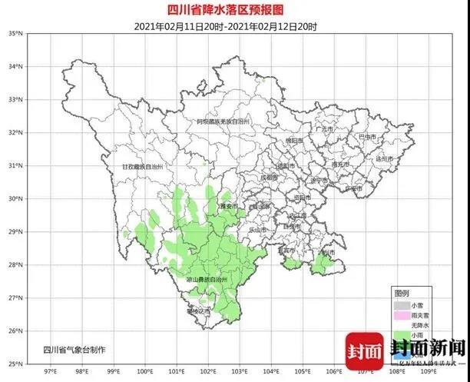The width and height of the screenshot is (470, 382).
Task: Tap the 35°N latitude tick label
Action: (x=16, y=34)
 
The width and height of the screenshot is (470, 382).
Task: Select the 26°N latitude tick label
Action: (x=16, y=331)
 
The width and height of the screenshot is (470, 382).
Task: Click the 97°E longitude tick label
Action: (x=51, y=370)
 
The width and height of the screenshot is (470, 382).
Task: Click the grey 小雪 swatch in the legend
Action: (x=402, y=304)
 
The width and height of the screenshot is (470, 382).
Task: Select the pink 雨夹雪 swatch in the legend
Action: (x=402, y=316)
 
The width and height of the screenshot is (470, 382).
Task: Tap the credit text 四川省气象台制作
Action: (x=74, y=350)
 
